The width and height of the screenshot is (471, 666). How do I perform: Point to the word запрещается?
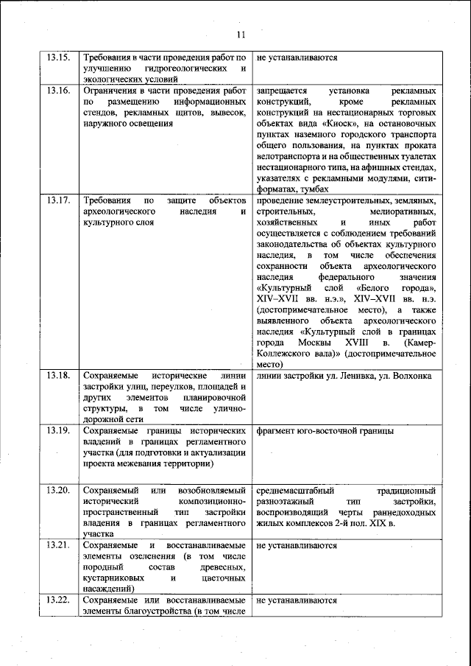(282, 91)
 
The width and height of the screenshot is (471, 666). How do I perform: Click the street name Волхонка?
(410, 376)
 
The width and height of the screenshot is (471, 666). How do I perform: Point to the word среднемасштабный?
(295, 490)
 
